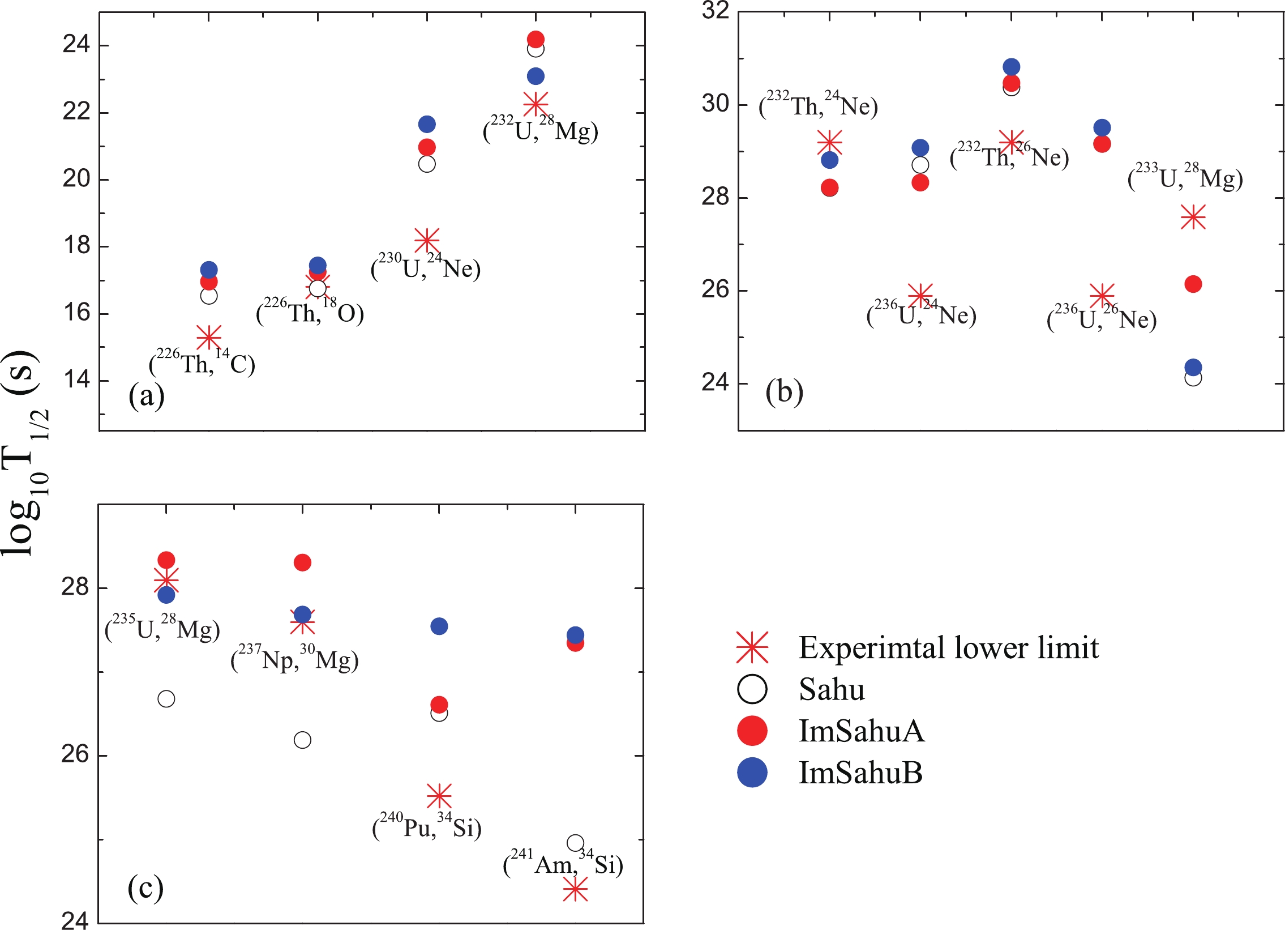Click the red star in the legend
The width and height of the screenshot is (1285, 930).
pyautogui.click(x=752, y=647)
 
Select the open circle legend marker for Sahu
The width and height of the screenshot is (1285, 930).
pyautogui.click(x=752, y=689)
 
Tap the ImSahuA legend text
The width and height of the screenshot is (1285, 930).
pyautogui.click(x=861, y=731)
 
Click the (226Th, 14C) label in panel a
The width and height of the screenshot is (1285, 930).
pyautogui.click(x=202, y=362)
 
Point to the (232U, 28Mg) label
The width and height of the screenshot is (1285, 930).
pyautogui.click(x=541, y=130)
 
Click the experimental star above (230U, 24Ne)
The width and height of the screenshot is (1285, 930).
pyautogui.click(x=427, y=240)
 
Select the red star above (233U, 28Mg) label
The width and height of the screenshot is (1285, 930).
pyautogui.click(x=1193, y=217)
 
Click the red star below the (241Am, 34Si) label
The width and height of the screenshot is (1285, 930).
pyautogui.click(x=575, y=890)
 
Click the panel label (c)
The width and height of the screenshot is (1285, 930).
pyautogui.click(x=145, y=888)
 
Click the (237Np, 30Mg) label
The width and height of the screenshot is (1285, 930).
pyautogui.click(x=294, y=659)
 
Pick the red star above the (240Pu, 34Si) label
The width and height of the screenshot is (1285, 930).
pyautogui.click(x=439, y=796)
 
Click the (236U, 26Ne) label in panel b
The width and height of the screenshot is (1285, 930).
pyautogui.click(x=1102, y=319)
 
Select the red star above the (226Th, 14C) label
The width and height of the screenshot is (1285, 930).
pyautogui.click(x=208, y=337)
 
